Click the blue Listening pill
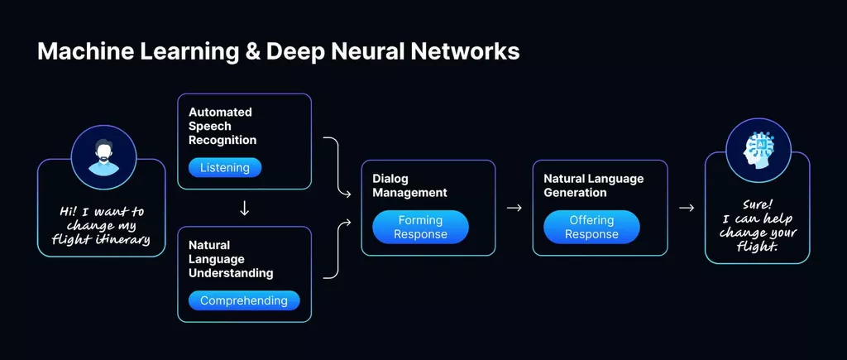pyautogui.click(x=224, y=168)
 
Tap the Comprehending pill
pyautogui.click(x=243, y=300)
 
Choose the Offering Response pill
pyautogui.click(x=591, y=227)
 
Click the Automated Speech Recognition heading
pyautogui.click(x=222, y=126)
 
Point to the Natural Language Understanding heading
pyautogui.click(x=231, y=259)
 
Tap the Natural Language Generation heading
pyautogui.click(x=593, y=185)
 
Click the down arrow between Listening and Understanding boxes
pyautogui.click(x=244, y=209)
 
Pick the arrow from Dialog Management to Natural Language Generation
pyautogui.click(x=514, y=208)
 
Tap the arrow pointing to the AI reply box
pyautogui.click(x=686, y=208)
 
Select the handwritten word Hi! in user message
pyautogui.click(x=70, y=212)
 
